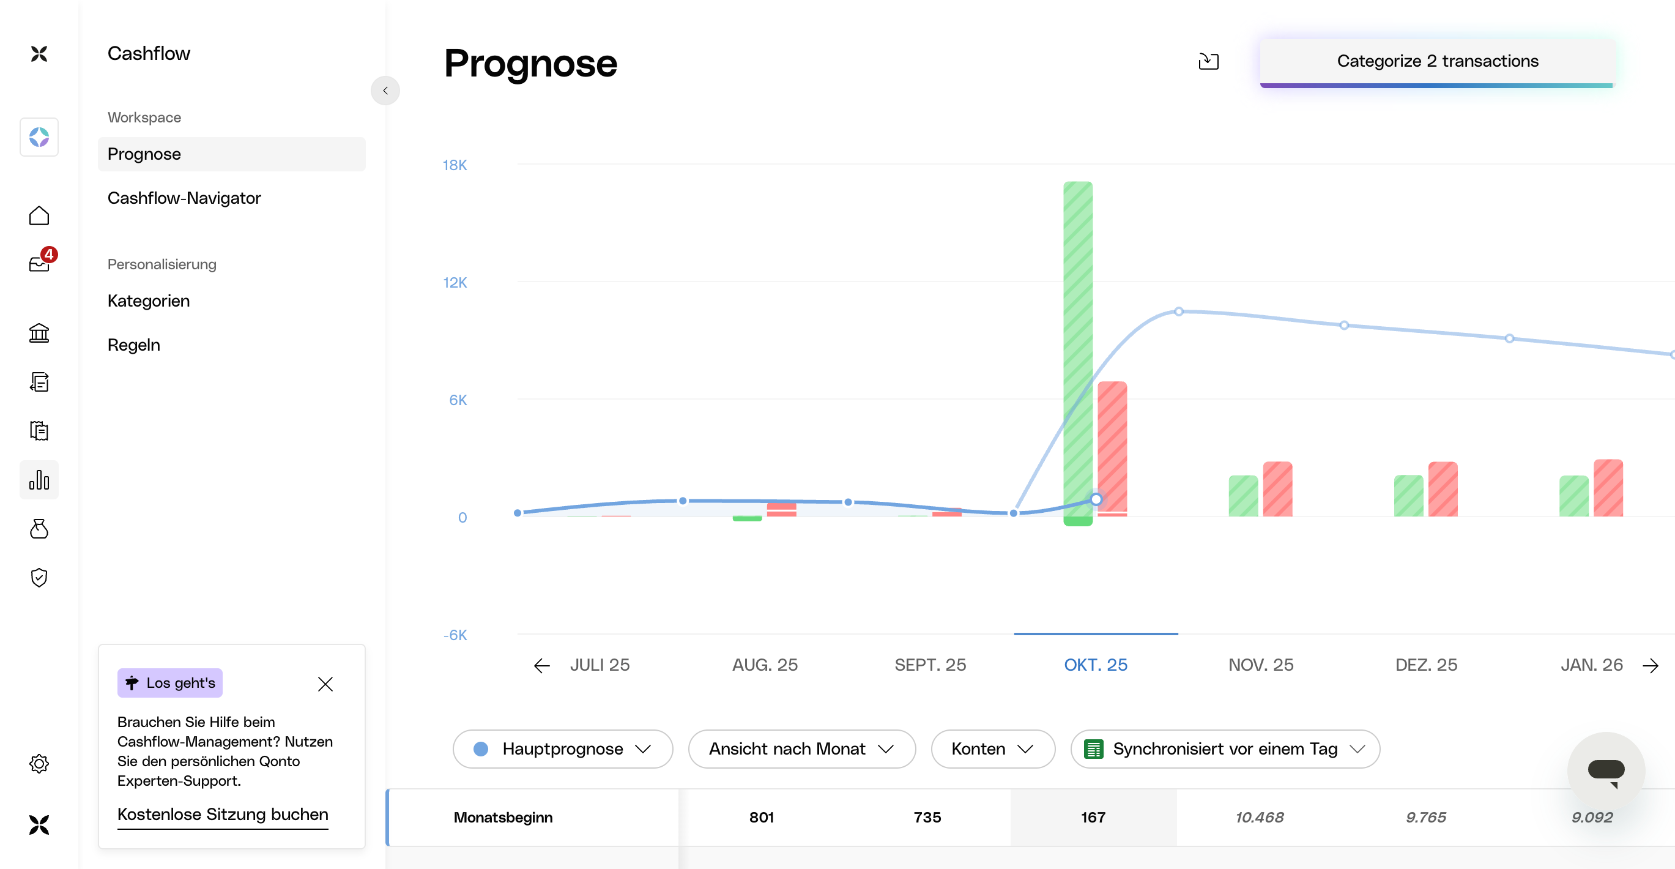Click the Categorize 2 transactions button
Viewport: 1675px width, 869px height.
click(x=1437, y=61)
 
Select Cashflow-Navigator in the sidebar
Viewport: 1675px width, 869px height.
click(x=184, y=198)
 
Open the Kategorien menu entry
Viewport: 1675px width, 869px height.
click(x=149, y=300)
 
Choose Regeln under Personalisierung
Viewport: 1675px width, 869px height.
click(x=134, y=345)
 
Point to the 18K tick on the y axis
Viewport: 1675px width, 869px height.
click(x=455, y=165)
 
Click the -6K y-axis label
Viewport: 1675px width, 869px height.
click(x=455, y=635)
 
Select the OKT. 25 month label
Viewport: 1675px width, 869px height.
click(x=1095, y=665)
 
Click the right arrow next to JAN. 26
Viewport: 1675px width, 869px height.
click(x=1651, y=665)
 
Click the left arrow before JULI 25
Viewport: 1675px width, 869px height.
click(x=541, y=665)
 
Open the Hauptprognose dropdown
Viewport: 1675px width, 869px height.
click(x=562, y=748)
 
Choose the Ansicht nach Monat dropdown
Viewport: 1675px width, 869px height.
click(x=801, y=748)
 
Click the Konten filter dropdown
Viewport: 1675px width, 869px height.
click(x=992, y=748)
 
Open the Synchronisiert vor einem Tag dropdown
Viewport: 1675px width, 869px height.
click(x=1224, y=748)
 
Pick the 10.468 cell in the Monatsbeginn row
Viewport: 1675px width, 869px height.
click(x=1260, y=817)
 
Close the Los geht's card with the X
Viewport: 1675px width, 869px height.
click(x=325, y=684)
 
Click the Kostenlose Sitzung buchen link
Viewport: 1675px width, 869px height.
click(x=223, y=815)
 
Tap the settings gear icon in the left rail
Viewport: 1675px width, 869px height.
click(x=39, y=763)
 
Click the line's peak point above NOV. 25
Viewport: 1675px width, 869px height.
click(x=1178, y=311)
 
